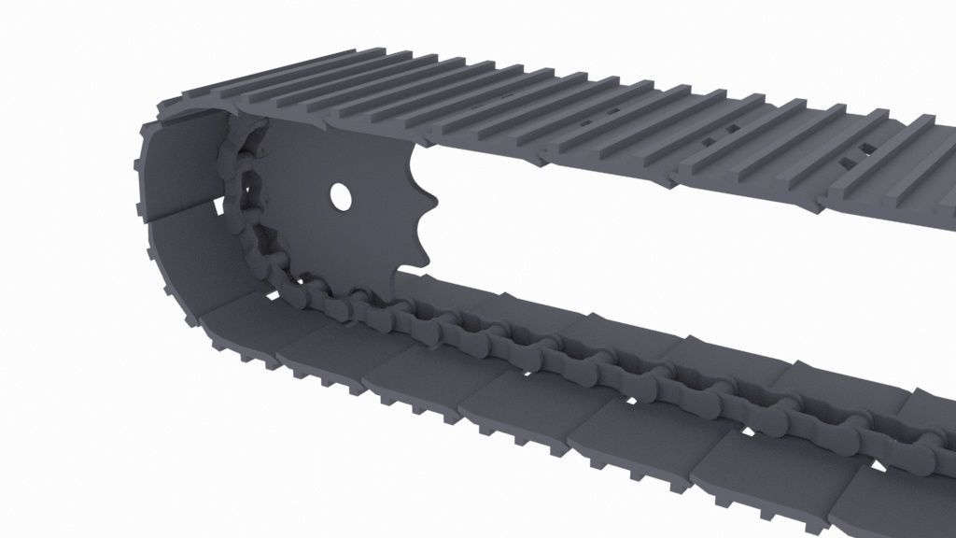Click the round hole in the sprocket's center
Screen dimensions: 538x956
[x=340, y=196]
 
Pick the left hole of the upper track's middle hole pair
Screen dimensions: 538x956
[x=709, y=141]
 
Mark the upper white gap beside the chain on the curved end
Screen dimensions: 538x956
[x=221, y=202]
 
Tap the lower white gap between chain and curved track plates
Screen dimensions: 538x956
[x=270, y=295]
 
